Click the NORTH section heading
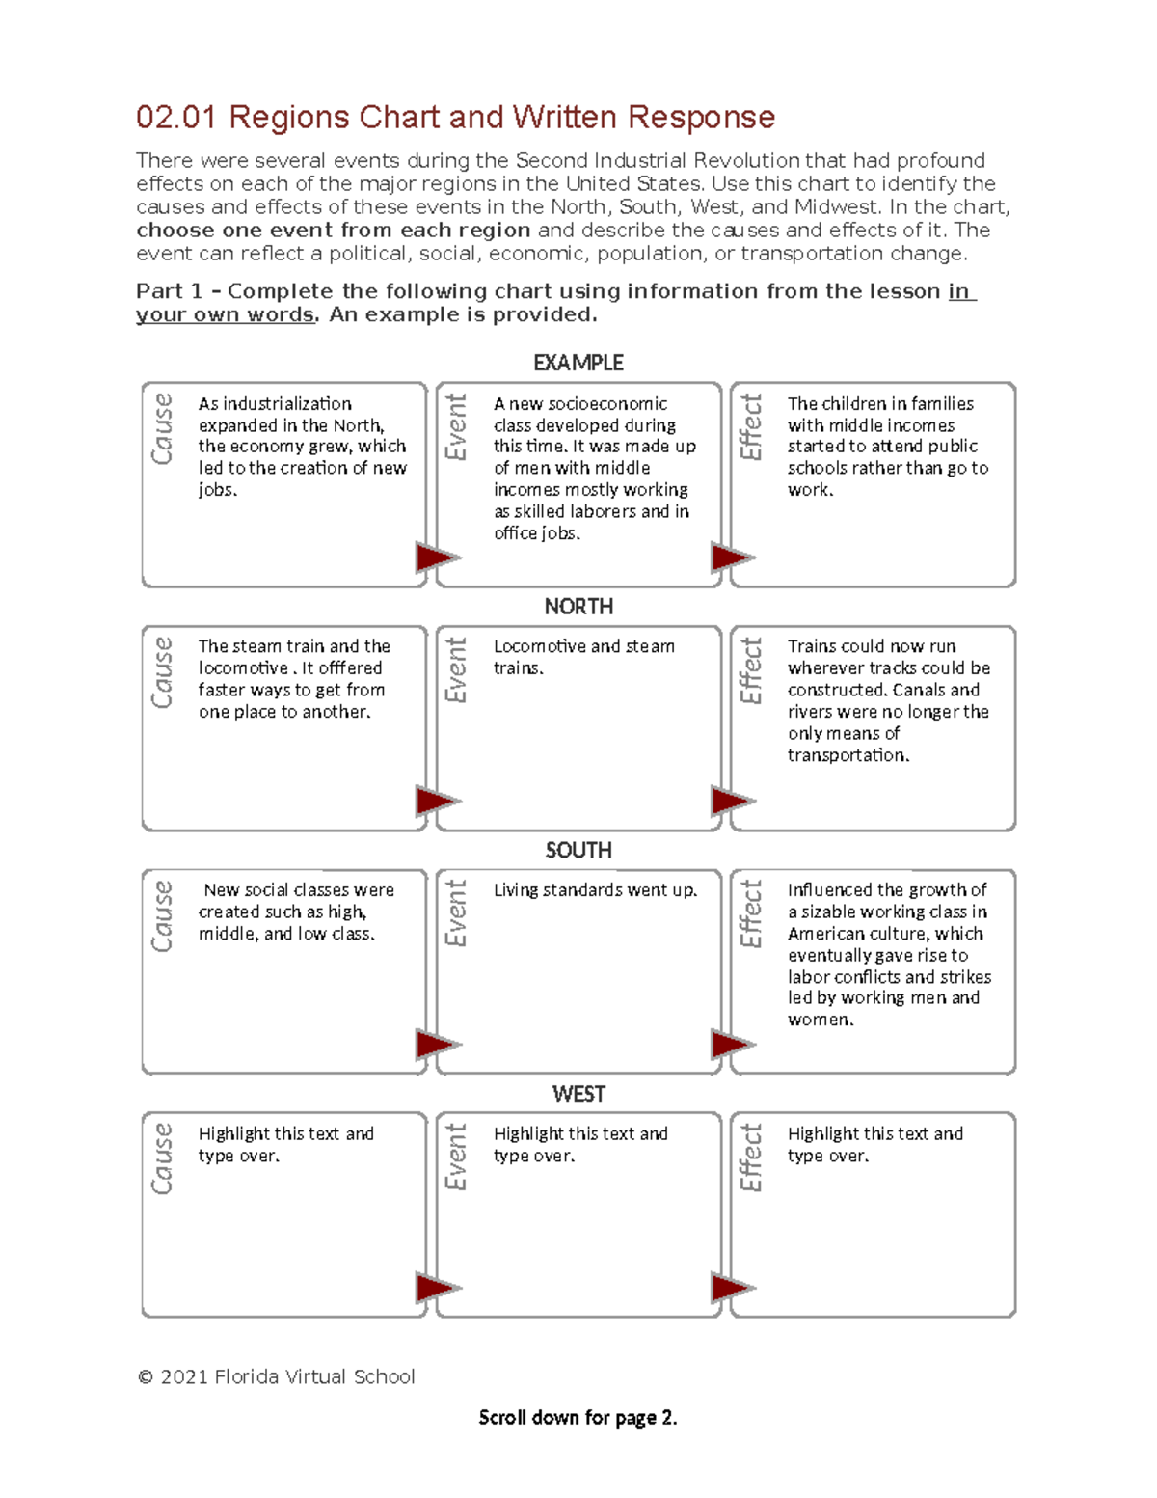(578, 607)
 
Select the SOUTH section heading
(578, 850)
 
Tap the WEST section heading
(578, 1094)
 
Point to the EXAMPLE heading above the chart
(578, 363)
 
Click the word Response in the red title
(701, 118)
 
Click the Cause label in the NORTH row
(162, 672)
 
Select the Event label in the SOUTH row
(456, 912)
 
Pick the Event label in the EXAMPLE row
(456, 426)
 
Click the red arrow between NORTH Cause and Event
(437, 801)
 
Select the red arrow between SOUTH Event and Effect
(732, 1045)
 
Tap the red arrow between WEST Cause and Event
(437, 1288)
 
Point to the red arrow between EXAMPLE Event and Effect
(732, 558)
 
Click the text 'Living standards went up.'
(595, 890)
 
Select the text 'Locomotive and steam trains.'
(583, 657)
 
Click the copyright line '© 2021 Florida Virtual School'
(277, 1377)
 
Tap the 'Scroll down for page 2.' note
(578, 1418)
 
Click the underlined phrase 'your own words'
(225, 315)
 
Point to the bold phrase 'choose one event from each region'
(333, 231)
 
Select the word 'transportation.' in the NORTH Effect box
(848, 755)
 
